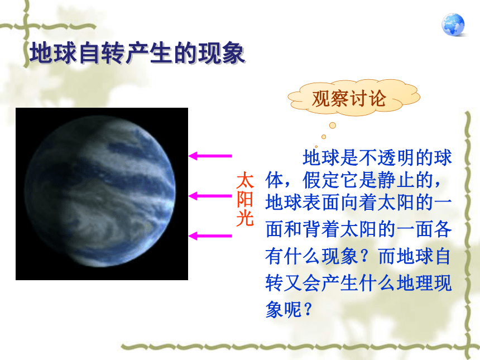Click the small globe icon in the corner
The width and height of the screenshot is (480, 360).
[453, 25]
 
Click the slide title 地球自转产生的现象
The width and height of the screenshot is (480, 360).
[137, 53]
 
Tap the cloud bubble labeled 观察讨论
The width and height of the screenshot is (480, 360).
[354, 98]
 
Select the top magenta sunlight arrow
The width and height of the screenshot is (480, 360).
[210, 156]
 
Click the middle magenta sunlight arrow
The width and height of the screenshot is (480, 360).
[210, 195]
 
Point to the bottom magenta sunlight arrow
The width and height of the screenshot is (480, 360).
[210, 236]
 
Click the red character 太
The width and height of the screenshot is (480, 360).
[245, 180]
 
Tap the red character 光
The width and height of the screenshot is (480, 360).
[245, 218]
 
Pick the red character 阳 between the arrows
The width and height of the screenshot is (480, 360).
[245, 200]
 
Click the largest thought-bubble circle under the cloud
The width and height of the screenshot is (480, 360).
[333, 125]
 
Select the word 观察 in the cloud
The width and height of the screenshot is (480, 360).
[330, 99]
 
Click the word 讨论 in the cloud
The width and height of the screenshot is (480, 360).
[368, 99]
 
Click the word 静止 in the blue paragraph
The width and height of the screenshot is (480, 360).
[396, 180]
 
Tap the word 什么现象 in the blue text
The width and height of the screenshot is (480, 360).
[321, 256]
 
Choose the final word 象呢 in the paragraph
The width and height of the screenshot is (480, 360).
[284, 309]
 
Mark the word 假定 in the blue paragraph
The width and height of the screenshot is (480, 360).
[321, 180]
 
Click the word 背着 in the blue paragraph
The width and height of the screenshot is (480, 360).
[321, 229]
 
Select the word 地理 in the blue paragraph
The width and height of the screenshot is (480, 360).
[415, 282]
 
